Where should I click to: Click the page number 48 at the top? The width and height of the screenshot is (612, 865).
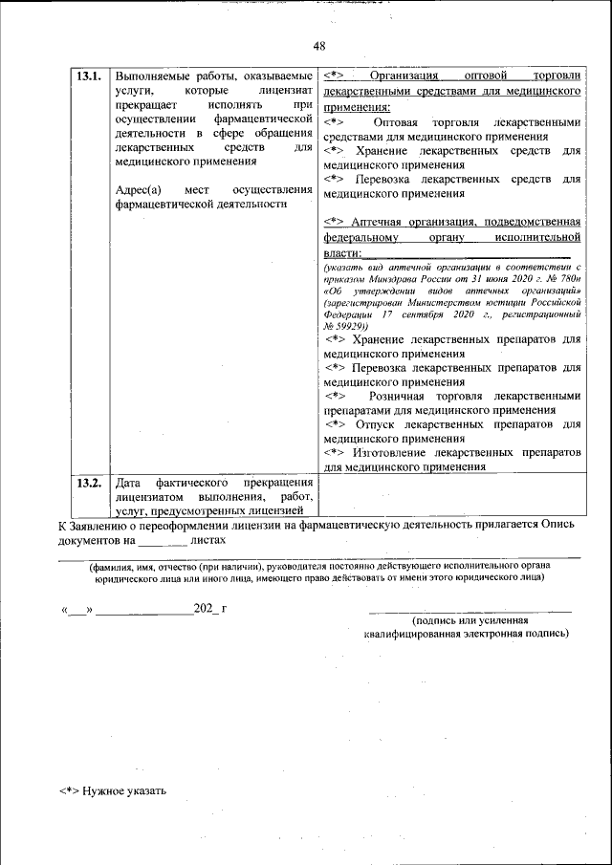coord(319,45)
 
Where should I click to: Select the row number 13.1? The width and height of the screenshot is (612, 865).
coord(89,76)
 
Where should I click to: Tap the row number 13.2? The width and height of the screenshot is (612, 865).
coord(89,483)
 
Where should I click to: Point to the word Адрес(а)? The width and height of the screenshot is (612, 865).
coord(138,188)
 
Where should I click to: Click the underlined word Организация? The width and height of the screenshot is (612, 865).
coord(404,75)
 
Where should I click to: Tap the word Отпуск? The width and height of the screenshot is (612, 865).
coord(373,424)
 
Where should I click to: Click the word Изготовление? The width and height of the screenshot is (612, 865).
coord(389,452)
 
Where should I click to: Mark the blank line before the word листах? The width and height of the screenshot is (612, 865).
coord(162,541)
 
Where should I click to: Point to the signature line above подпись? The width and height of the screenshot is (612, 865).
coord(470,608)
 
